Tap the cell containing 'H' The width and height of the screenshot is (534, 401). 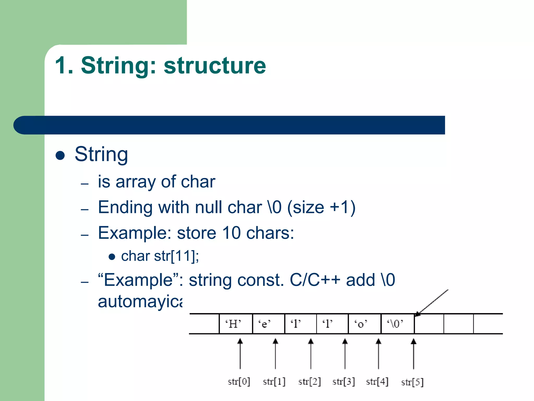(x=236, y=324)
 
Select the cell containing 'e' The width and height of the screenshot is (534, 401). (x=268, y=324)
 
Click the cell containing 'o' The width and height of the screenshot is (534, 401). (x=364, y=324)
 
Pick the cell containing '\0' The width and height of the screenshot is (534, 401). (x=397, y=324)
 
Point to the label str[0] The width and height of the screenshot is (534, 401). (x=239, y=382)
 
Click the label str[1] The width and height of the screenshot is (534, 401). (x=274, y=382)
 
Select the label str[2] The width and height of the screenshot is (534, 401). (x=310, y=382)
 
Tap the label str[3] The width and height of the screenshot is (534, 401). (x=344, y=382)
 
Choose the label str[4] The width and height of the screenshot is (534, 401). (x=377, y=382)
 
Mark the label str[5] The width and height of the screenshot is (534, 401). (x=412, y=382)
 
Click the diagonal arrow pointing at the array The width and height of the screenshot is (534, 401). (x=432, y=303)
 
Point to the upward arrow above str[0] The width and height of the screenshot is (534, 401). (x=240, y=354)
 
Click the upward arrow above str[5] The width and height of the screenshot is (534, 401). (x=414, y=354)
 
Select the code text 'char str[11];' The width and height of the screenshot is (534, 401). (x=160, y=256)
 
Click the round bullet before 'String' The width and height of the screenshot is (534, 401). (x=60, y=155)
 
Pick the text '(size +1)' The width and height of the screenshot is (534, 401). (x=321, y=208)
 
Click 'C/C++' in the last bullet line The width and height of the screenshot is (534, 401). (x=315, y=280)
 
